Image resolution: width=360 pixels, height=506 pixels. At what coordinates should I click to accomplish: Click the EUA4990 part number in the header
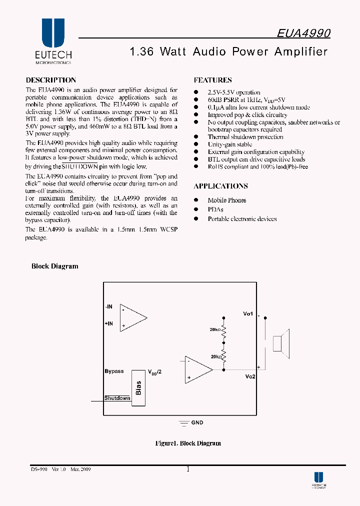303,33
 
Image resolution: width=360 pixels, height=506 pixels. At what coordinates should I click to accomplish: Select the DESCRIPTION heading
50,80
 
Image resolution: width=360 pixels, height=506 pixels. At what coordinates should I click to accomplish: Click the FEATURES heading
212,80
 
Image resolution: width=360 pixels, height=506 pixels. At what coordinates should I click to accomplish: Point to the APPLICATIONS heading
220,186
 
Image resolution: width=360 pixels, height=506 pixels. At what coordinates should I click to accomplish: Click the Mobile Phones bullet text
227,200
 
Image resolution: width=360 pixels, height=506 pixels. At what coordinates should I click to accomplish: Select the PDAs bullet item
215,209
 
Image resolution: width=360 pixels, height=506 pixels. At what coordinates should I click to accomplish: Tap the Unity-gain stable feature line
230,144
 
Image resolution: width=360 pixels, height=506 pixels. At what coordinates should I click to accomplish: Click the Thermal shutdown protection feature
245,137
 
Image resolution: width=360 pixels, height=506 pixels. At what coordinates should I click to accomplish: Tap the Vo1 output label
248,313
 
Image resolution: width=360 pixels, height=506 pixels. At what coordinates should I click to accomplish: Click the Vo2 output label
250,376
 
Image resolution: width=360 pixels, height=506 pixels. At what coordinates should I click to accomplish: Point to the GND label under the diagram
197,422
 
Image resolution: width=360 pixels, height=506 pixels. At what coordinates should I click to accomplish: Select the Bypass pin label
114,371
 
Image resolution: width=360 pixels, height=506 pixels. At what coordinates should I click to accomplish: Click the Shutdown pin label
117,398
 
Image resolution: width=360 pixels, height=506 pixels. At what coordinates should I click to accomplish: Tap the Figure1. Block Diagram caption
188,443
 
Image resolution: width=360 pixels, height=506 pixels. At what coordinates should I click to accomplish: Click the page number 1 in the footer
187,469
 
